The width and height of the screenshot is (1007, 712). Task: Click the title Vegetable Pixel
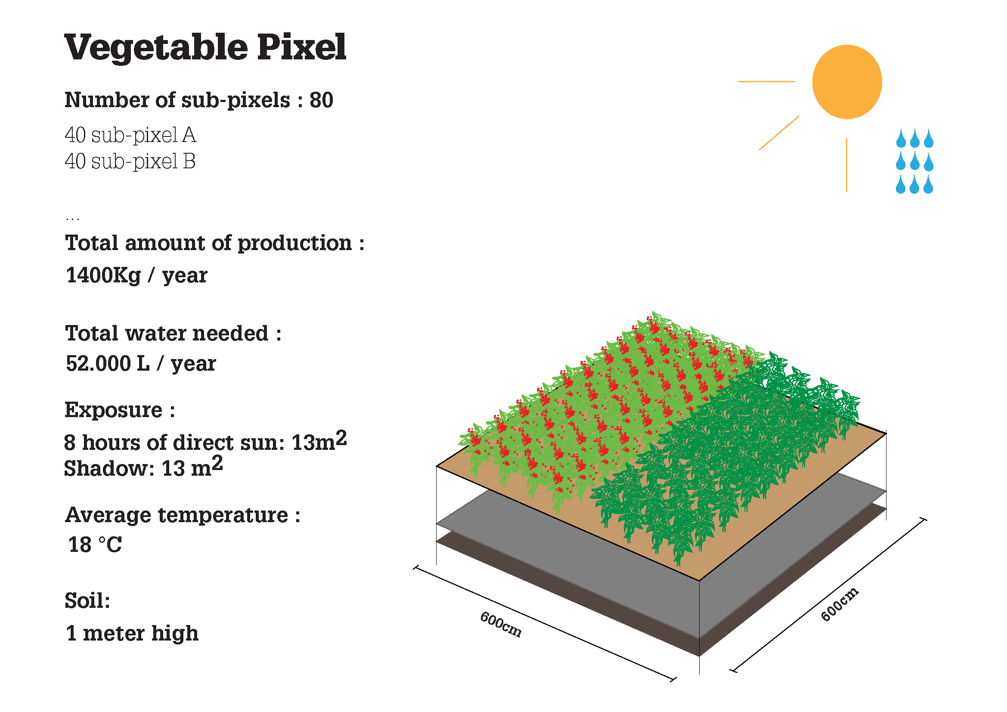point(205,47)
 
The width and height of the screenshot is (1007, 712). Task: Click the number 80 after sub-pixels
point(322,100)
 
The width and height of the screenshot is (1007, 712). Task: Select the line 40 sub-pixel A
point(130,135)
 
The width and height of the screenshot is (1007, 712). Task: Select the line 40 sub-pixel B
point(130,161)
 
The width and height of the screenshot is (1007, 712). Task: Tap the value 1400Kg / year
point(136,276)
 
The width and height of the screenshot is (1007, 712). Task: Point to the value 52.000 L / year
point(141,363)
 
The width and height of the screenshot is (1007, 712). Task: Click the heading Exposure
point(120,410)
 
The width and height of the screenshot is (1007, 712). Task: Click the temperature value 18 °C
point(95,545)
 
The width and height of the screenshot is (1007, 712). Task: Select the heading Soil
point(87,600)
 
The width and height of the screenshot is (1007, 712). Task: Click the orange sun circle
point(847,82)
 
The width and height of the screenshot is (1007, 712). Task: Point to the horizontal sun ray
point(767,81)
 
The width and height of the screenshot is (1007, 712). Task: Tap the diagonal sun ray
point(779,133)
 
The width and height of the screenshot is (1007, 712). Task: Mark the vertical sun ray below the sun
point(846,165)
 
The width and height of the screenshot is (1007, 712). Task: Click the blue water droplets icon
point(914,161)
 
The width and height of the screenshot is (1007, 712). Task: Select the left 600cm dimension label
point(501,624)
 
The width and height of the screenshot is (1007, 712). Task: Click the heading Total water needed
point(173,333)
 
